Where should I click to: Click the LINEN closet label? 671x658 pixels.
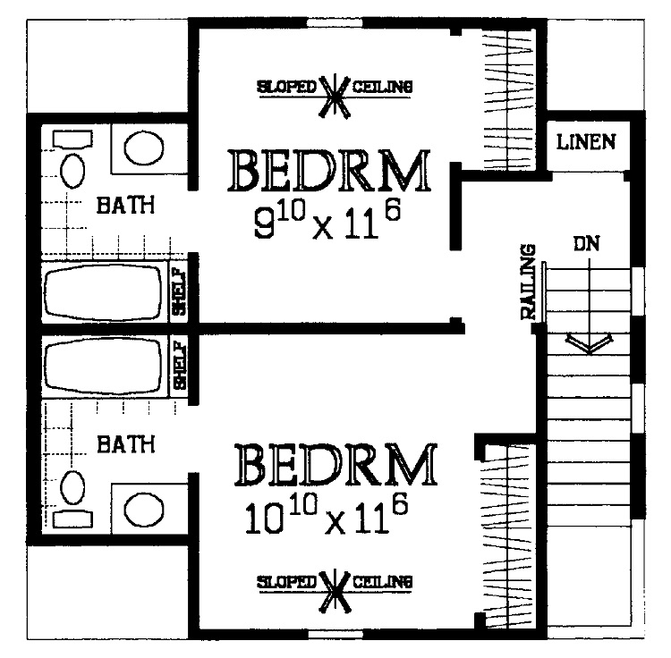(x=585, y=141)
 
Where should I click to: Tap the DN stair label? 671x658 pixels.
(x=587, y=242)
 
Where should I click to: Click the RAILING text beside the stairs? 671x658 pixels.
(x=529, y=282)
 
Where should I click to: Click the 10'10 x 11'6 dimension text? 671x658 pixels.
(x=327, y=516)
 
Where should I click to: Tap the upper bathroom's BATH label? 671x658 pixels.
(x=125, y=205)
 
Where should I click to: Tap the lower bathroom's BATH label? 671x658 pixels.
(x=125, y=443)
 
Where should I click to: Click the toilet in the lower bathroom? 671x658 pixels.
(x=72, y=497)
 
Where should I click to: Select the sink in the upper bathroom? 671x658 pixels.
(x=143, y=148)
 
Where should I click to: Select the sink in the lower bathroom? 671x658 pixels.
(x=143, y=510)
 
